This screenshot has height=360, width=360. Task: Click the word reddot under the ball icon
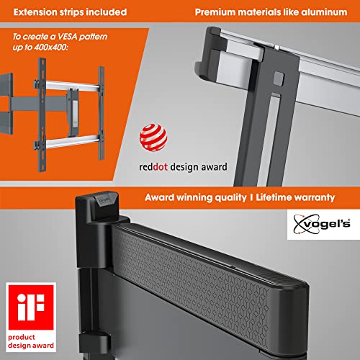155,167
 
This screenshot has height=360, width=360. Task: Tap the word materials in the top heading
265,12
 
